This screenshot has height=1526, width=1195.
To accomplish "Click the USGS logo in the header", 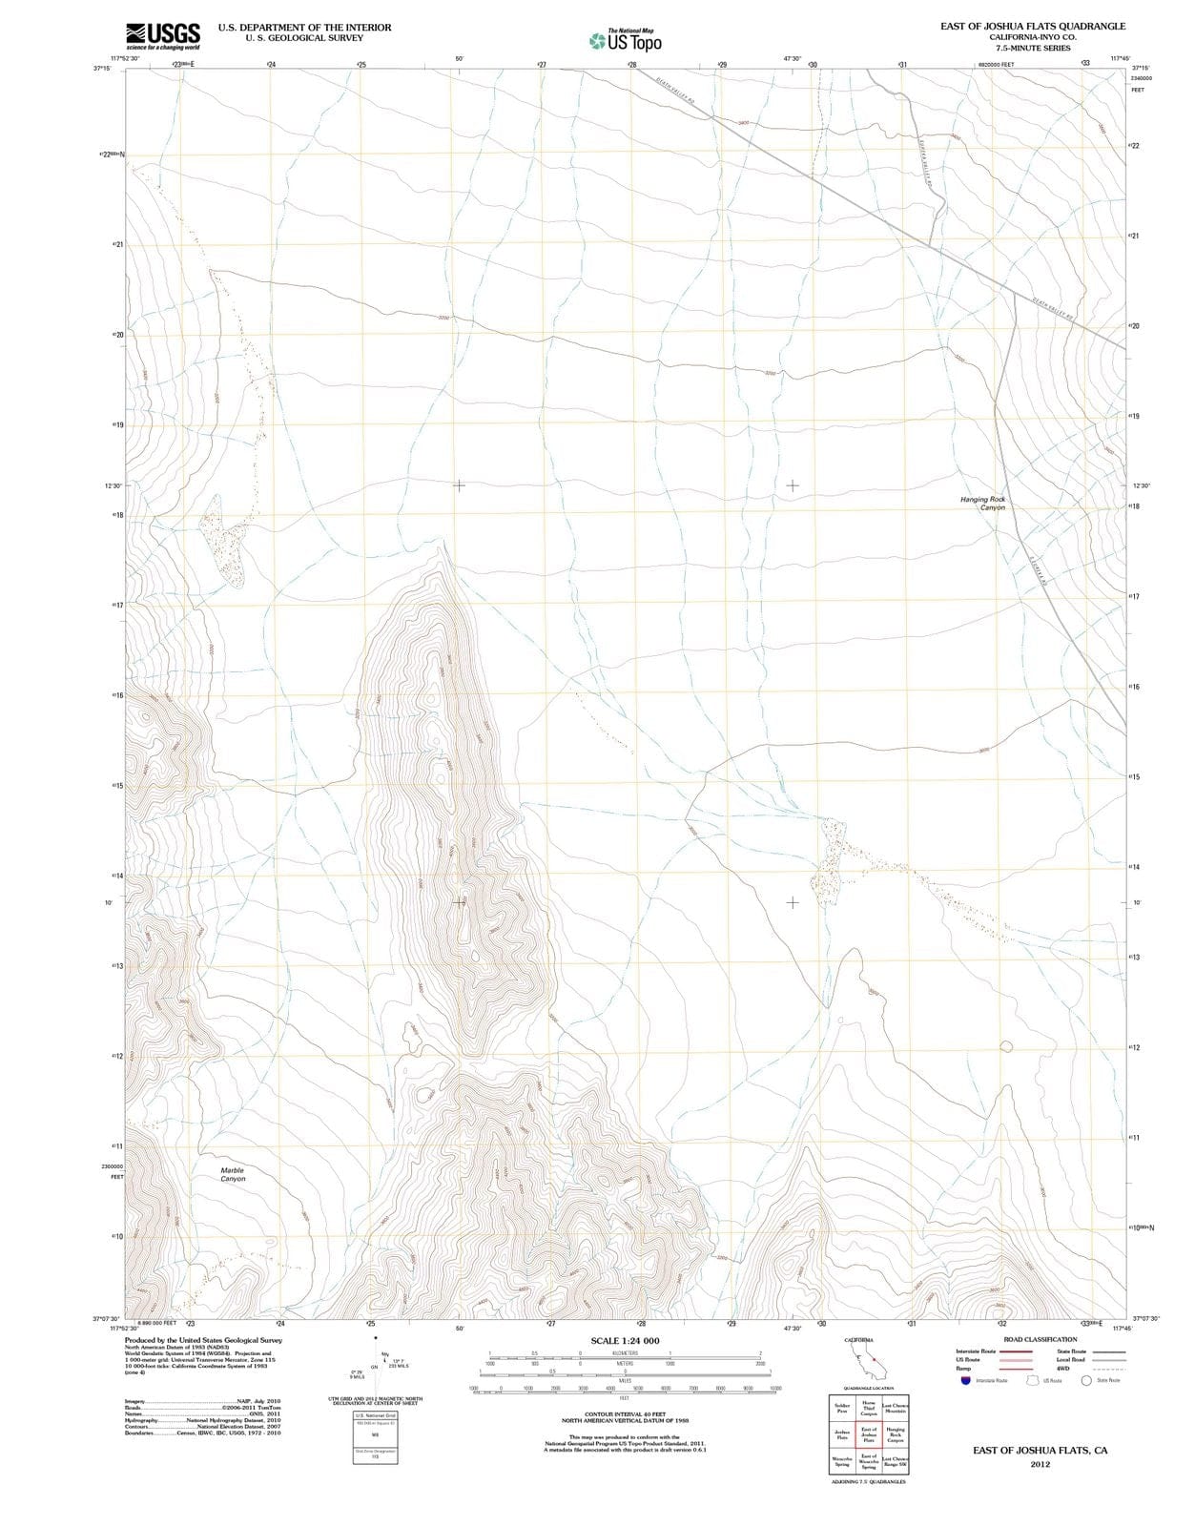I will [x=163, y=35].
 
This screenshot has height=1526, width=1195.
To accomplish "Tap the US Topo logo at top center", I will [x=626, y=40].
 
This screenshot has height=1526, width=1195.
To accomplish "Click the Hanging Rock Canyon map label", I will [x=983, y=504].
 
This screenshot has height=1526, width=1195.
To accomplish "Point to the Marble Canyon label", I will [x=233, y=1174].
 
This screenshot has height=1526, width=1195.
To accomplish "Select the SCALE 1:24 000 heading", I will [x=625, y=1341].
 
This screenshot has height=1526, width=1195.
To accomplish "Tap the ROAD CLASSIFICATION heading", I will [x=1040, y=1339].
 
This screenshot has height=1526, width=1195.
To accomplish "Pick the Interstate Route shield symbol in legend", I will [x=965, y=1380].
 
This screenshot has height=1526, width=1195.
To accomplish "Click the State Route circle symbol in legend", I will [x=1086, y=1380].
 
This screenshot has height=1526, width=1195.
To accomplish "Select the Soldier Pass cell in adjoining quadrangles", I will [x=842, y=1409].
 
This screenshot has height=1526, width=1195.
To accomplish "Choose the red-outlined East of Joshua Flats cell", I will [x=869, y=1434].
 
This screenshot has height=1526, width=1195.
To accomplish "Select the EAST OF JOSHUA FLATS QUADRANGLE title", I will [x=1032, y=27].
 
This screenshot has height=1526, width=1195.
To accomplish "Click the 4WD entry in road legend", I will [x=1063, y=1369].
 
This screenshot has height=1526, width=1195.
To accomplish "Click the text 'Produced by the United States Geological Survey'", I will [x=203, y=1340].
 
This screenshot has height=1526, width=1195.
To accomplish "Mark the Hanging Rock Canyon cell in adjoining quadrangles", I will [x=896, y=1434].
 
